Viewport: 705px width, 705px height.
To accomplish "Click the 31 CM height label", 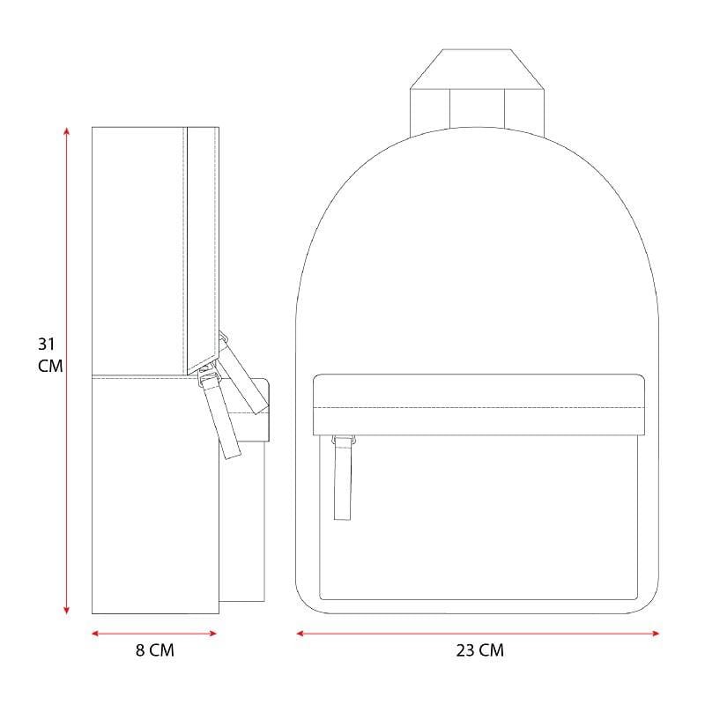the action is [x=50, y=355].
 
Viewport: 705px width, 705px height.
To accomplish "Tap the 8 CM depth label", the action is [x=155, y=650].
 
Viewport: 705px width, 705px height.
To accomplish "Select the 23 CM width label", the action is [x=479, y=650].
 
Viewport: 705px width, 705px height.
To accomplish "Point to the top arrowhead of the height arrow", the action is [x=67, y=130].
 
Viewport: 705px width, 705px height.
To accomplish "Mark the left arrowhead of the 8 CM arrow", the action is [x=95, y=634].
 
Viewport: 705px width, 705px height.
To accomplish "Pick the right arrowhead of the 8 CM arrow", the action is [x=213, y=634].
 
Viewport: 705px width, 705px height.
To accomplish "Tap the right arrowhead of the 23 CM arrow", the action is [x=656, y=634].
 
